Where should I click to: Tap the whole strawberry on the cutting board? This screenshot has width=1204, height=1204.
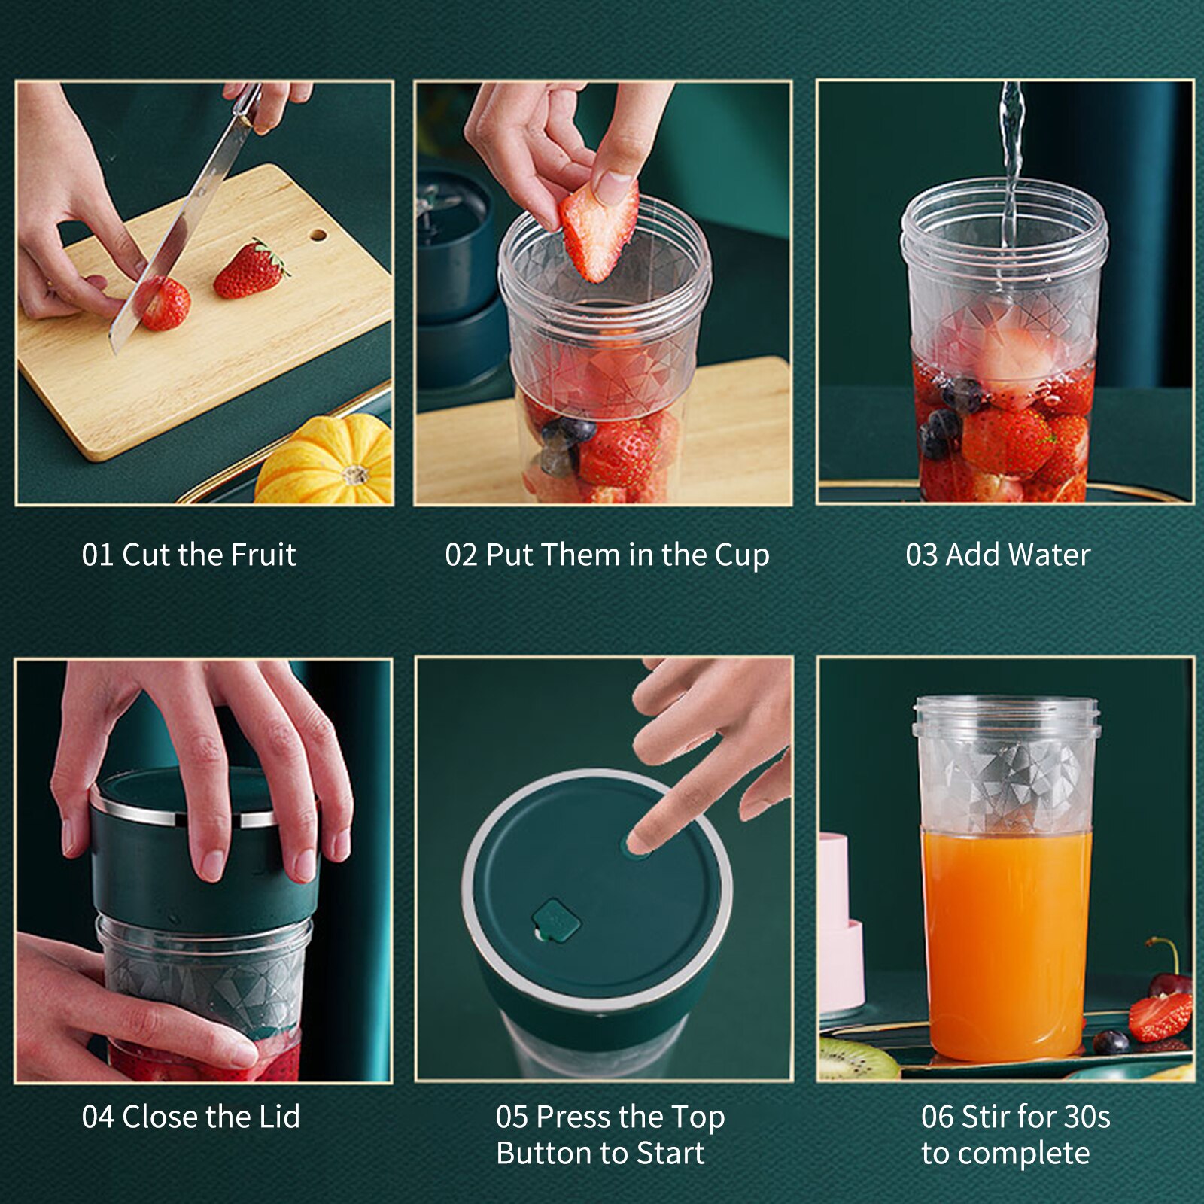click(x=250, y=271)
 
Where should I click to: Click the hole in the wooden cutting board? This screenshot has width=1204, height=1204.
click(x=318, y=236)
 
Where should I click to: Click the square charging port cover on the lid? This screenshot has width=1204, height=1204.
click(x=555, y=920)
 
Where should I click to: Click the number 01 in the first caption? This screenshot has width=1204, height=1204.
click(x=97, y=555)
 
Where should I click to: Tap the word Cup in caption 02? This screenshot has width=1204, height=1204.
click(x=741, y=555)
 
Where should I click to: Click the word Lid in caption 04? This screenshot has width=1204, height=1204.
click(x=279, y=1117)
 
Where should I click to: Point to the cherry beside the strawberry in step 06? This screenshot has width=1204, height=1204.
click(x=1171, y=981)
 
